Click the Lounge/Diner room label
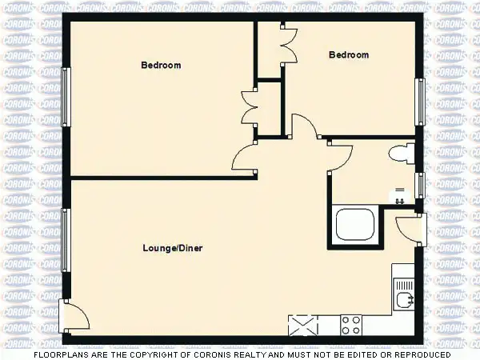(x=172, y=248)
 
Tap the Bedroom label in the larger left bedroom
(x=161, y=66)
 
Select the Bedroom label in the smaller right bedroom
(x=349, y=55)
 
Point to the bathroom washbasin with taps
(x=399, y=194)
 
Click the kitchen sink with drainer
(x=403, y=294)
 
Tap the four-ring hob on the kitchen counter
(x=351, y=325)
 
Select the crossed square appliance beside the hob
(x=302, y=325)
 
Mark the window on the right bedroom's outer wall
(x=418, y=102)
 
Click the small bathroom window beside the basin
(x=419, y=184)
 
